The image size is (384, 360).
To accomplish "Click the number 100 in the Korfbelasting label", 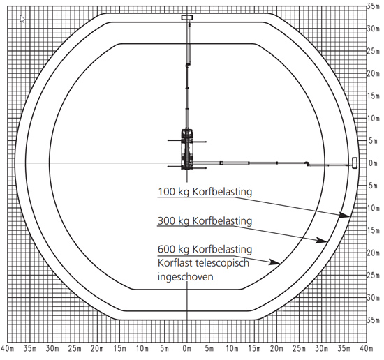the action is [165, 192].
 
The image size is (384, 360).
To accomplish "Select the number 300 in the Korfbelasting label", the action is [165, 220].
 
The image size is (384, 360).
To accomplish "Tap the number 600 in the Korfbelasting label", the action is [165, 249].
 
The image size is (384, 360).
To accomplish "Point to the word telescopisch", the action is [222, 264].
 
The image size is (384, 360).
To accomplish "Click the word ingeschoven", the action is [186, 277].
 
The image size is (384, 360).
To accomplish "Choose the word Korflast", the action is [175, 263].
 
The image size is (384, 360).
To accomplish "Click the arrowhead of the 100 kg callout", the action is [345, 215].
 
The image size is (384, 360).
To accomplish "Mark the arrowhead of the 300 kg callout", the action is [322, 240].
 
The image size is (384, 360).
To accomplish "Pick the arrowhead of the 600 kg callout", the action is [275, 262].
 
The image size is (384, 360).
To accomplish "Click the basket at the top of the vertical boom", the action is [187, 17].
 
